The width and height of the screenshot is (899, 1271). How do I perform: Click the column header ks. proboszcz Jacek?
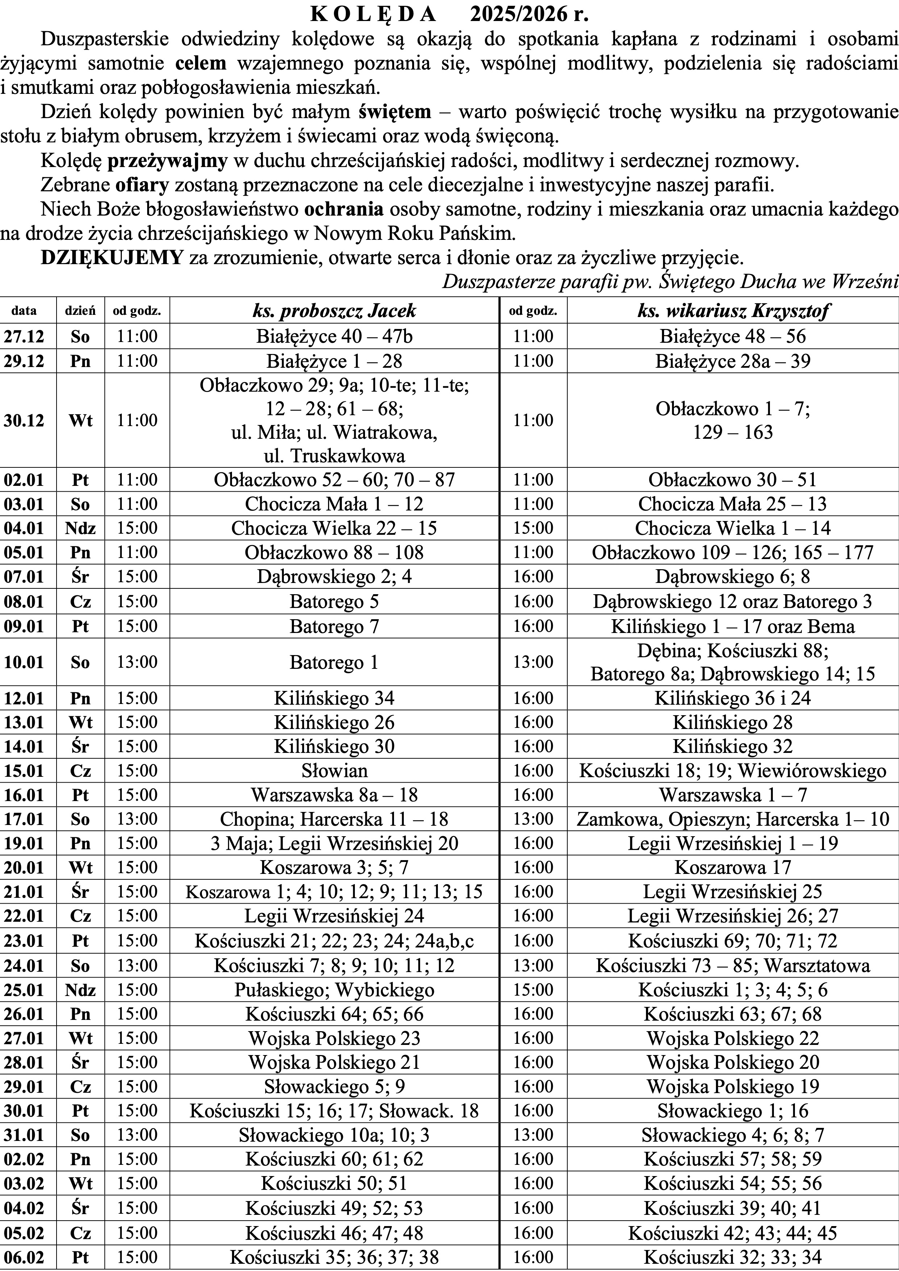tap(334, 311)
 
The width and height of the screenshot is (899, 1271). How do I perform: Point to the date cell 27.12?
tap(24, 337)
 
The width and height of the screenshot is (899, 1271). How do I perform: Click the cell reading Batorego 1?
tap(334, 662)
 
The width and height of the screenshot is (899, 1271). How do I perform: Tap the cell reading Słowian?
tap(334, 771)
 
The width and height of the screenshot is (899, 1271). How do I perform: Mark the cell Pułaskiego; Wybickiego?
tap(334, 990)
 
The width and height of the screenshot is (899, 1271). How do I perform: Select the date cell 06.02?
tap(24, 1257)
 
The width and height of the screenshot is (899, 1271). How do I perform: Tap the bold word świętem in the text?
tap(394, 112)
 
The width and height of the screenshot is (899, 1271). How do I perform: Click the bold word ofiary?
tap(142, 185)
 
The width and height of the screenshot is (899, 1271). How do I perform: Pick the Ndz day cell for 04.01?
tap(80, 528)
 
